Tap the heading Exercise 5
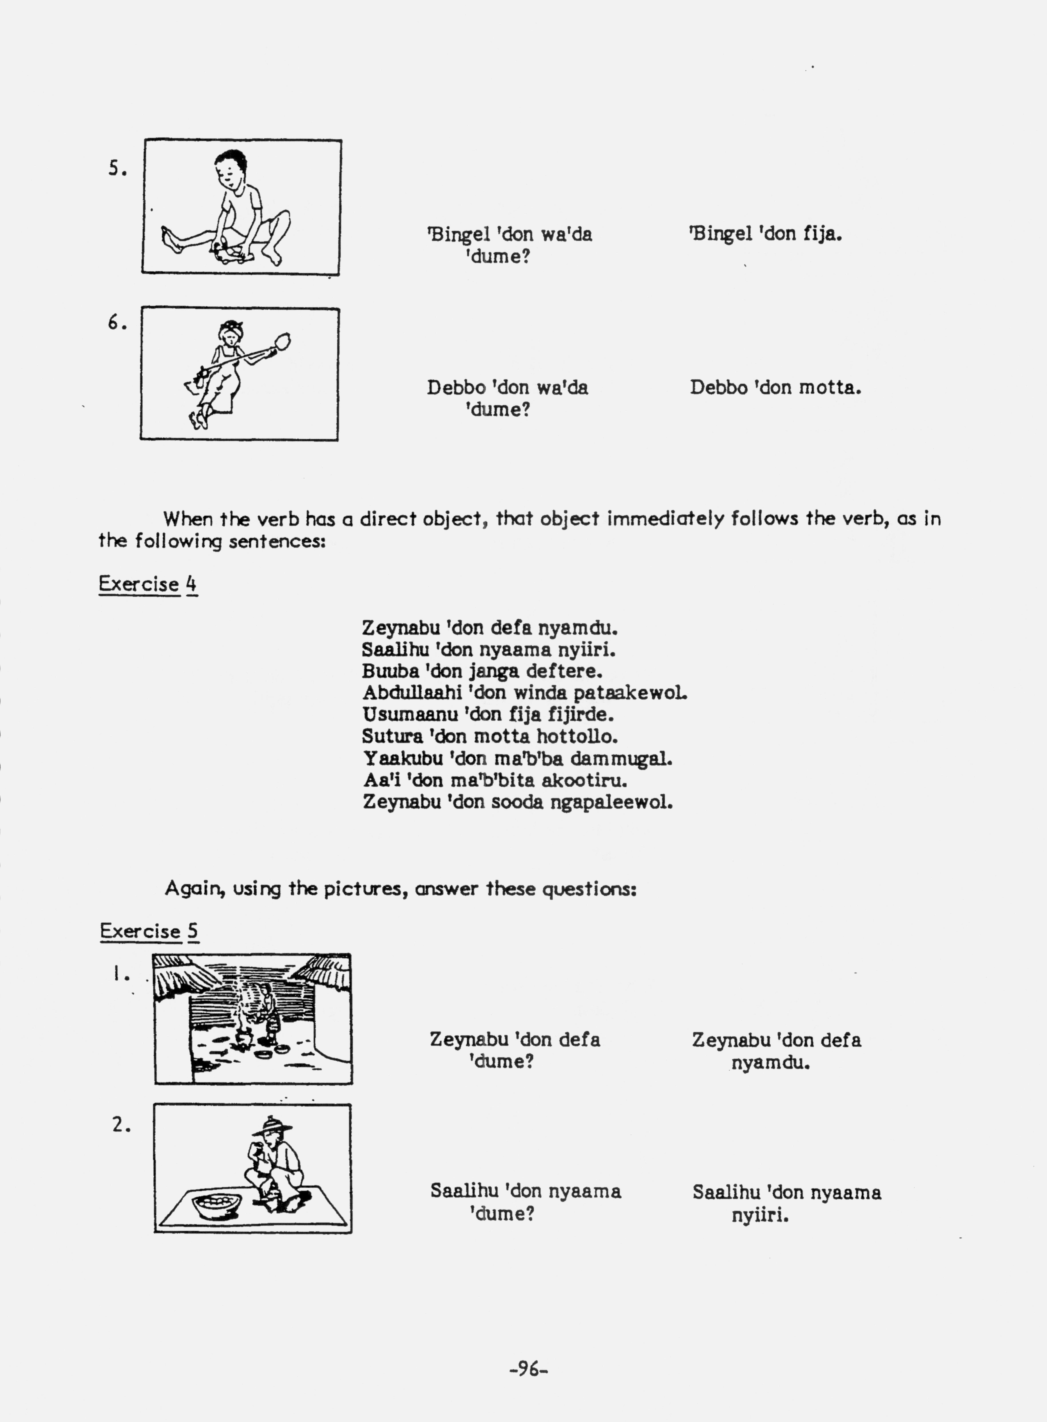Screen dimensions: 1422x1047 pyautogui.click(x=150, y=931)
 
